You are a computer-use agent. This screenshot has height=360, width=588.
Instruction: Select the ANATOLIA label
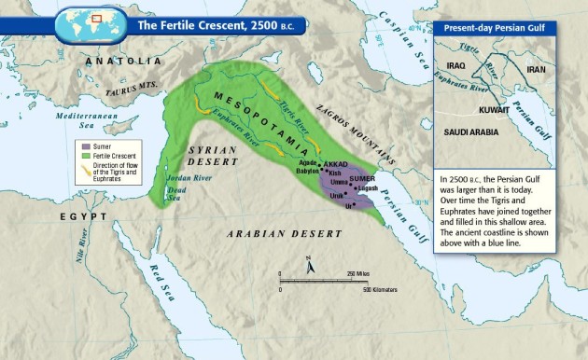click(x=117, y=61)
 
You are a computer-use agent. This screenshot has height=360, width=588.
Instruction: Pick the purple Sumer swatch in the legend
click(x=83, y=145)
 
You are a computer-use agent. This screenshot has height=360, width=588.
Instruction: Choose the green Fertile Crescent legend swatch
click(x=83, y=154)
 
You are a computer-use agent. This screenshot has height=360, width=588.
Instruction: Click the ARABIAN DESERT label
click(x=271, y=237)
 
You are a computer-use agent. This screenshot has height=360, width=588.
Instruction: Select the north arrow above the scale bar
click(x=311, y=268)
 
